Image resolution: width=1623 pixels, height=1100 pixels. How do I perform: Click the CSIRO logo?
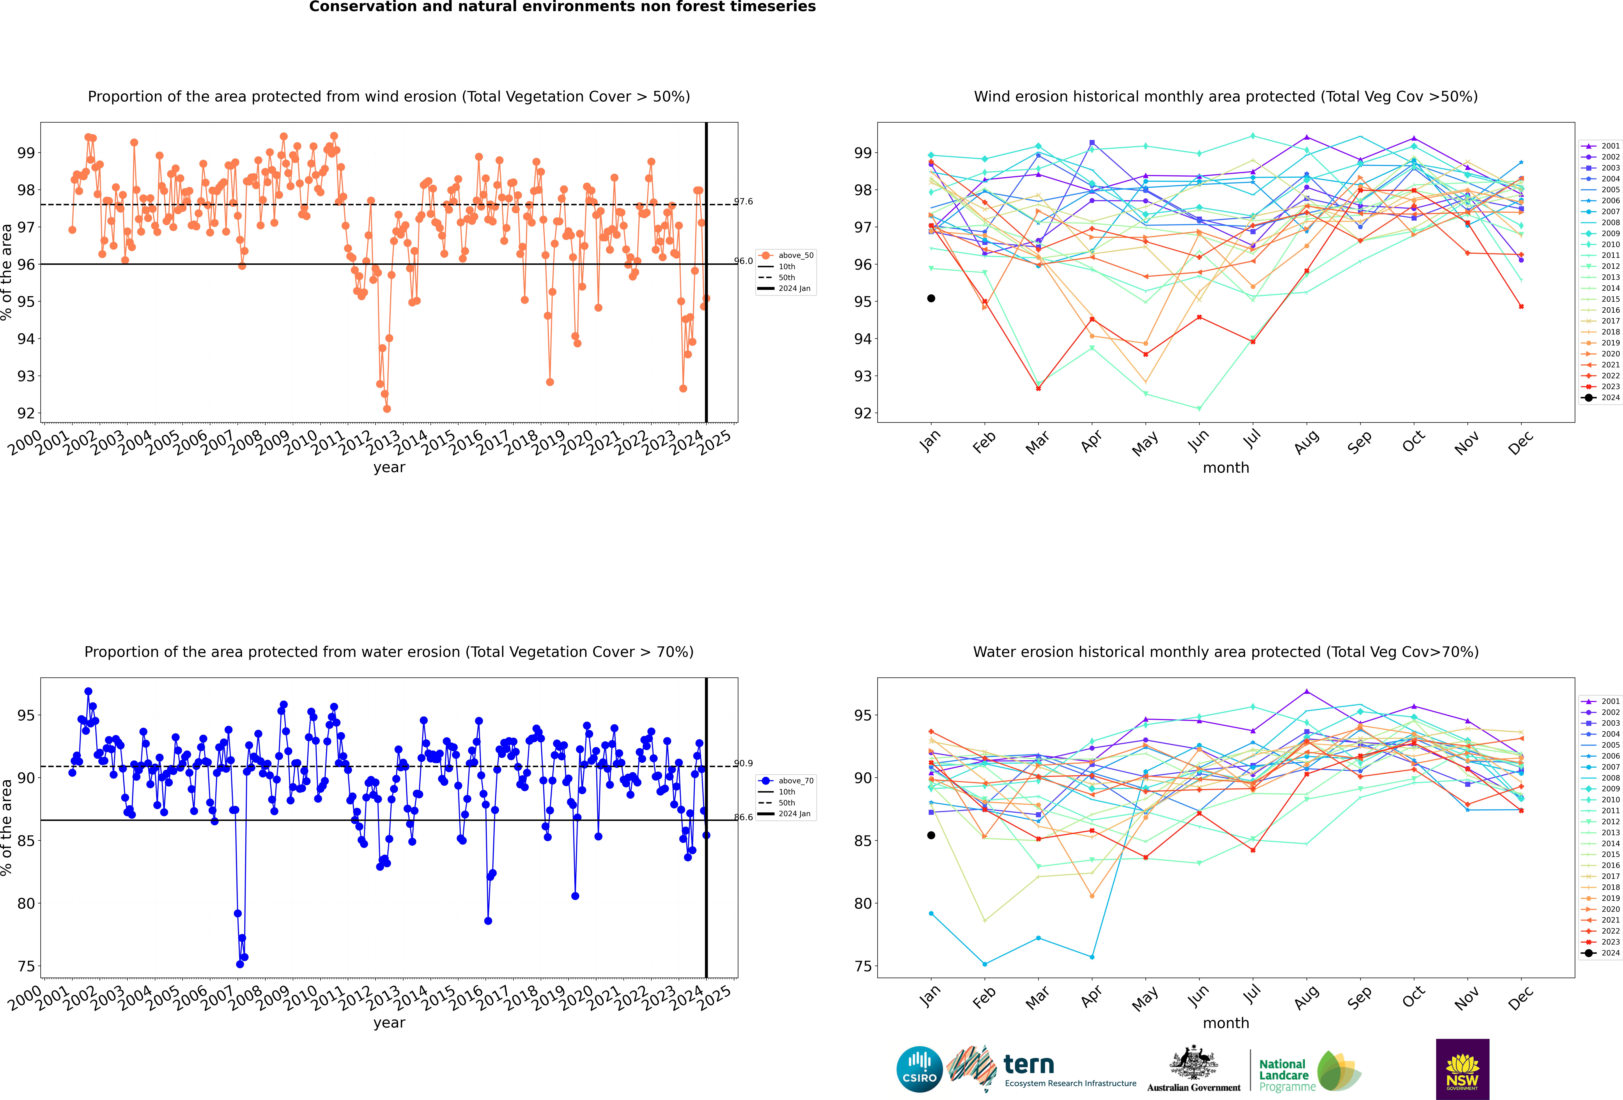pos(919,1068)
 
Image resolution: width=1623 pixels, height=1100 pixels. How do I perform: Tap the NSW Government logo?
pos(1462,1068)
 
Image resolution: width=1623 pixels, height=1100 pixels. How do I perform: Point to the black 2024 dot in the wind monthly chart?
pos(931,298)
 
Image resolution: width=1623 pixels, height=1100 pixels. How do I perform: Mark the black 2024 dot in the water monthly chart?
pos(931,835)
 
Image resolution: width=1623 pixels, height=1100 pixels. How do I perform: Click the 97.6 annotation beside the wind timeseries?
pos(744,202)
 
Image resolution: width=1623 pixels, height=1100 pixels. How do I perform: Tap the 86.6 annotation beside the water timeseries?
pos(744,817)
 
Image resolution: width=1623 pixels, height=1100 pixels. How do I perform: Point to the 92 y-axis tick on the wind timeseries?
pos(26,413)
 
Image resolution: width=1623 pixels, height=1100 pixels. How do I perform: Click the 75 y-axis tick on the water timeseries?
pos(26,966)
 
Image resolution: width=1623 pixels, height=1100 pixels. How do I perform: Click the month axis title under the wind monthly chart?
pos(1226,468)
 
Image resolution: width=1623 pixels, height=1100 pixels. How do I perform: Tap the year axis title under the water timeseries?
pos(389,1023)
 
